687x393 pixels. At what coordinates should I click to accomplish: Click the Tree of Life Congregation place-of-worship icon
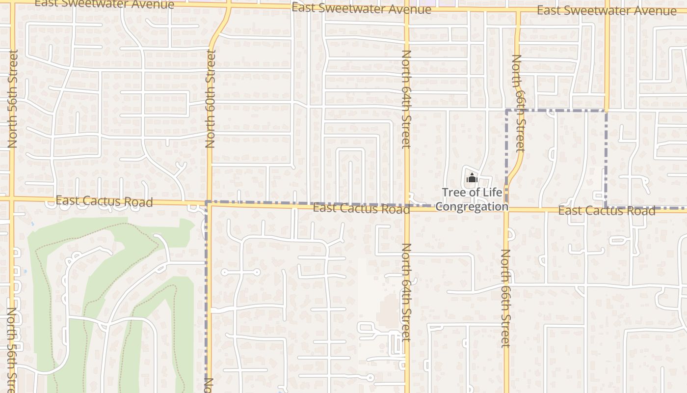point(472,178)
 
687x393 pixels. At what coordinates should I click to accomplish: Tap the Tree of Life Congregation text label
point(472,199)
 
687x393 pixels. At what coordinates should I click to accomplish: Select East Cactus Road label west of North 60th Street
point(104,201)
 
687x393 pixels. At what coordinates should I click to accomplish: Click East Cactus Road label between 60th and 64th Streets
point(361,208)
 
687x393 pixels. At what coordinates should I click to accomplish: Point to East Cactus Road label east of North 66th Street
point(607,211)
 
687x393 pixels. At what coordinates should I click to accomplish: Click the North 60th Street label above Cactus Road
point(211,98)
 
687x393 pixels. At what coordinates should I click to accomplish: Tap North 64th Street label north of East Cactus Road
point(406,98)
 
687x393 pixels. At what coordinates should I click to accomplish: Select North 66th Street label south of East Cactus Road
point(506,298)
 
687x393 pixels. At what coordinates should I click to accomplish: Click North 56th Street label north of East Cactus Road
point(13,98)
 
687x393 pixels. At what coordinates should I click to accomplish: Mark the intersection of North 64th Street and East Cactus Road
point(407,207)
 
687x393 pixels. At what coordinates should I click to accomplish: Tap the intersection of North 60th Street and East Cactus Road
point(210,203)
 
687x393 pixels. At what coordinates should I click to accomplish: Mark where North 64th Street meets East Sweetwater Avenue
point(406,9)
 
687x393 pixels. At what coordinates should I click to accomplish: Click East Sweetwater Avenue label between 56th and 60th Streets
point(105,4)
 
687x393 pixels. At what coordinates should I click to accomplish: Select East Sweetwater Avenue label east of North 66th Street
point(607,10)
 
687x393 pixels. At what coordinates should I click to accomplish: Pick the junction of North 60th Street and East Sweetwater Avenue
point(229,6)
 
